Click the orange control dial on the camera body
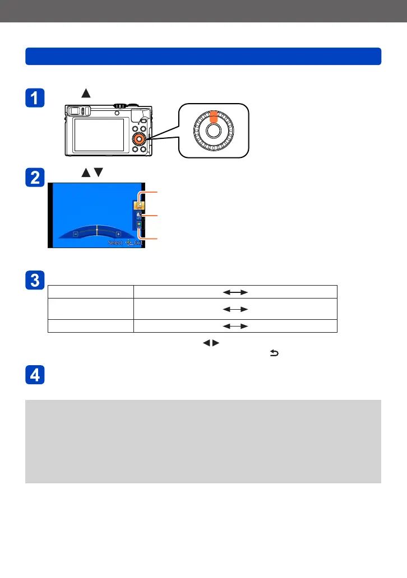click(138, 138)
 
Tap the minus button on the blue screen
click(75, 234)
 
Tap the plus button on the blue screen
click(118, 234)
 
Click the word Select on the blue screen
click(114, 244)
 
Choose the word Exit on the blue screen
click(138, 244)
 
